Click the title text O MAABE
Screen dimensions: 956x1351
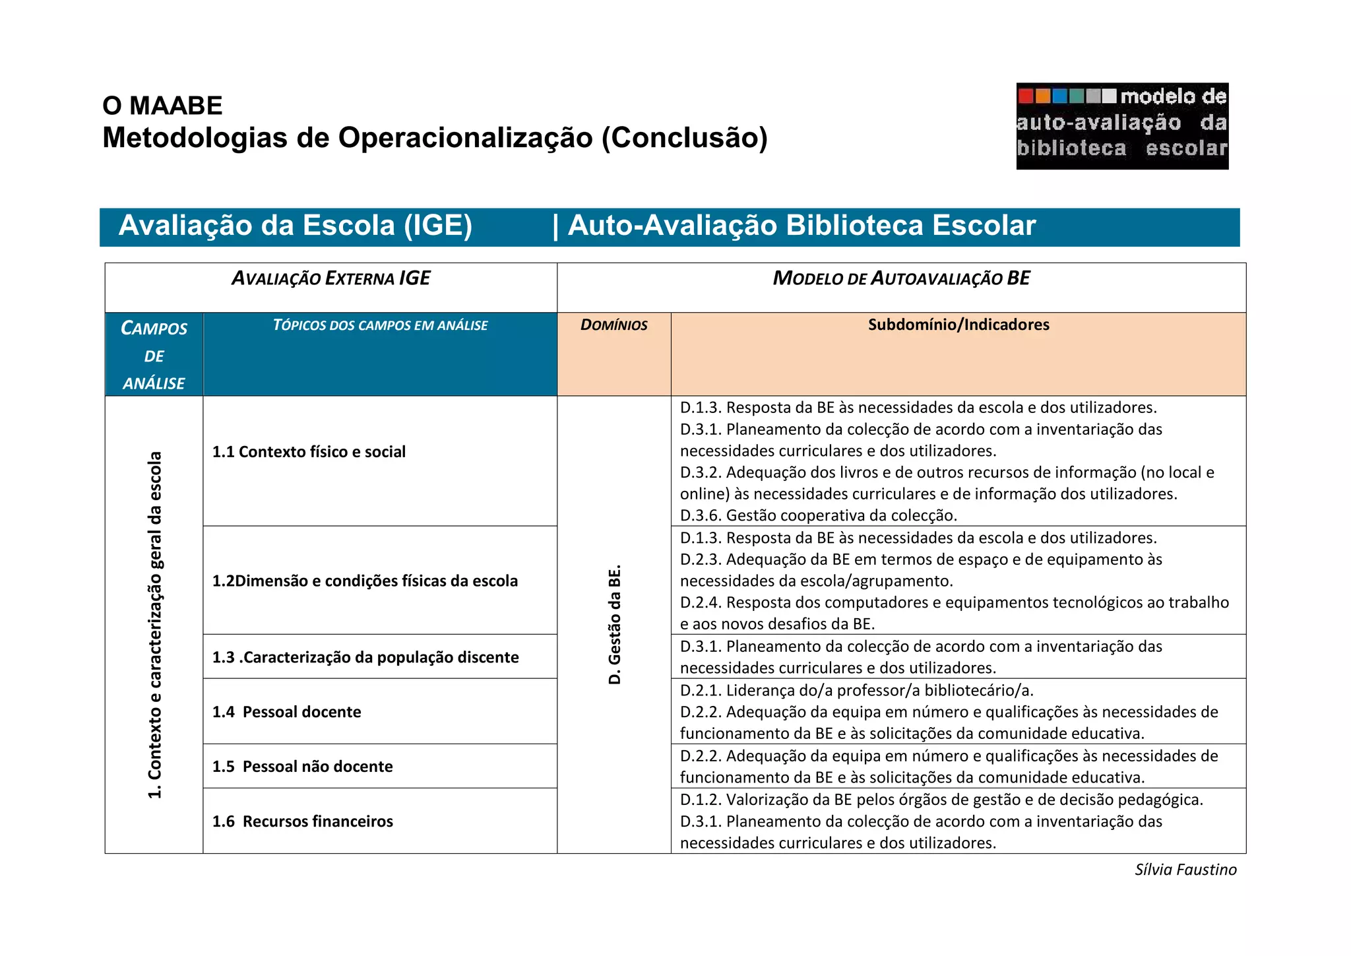162,106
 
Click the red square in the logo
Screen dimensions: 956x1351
1026,96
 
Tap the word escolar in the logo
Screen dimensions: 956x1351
1186,148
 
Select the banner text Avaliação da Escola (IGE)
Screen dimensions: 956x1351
295,226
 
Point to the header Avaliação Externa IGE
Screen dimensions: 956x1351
330,278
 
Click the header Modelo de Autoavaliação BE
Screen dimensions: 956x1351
901,278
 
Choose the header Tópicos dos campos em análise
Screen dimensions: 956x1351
380,325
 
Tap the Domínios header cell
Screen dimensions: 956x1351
613,325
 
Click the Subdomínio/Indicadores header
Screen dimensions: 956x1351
958,325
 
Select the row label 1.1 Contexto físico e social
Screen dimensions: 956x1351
309,452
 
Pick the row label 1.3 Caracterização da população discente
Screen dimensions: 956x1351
365,657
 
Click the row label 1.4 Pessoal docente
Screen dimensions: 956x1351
286,712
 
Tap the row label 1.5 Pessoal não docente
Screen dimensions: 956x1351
302,767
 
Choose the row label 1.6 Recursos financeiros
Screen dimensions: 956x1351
302,821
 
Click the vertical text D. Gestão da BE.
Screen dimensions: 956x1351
614,624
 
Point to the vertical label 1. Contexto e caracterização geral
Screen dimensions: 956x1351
154,624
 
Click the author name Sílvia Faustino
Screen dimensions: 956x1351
1185,870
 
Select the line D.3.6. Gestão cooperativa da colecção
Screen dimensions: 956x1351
818,515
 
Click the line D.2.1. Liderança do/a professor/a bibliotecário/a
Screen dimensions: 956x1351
856,690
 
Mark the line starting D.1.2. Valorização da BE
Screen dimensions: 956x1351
941,800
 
